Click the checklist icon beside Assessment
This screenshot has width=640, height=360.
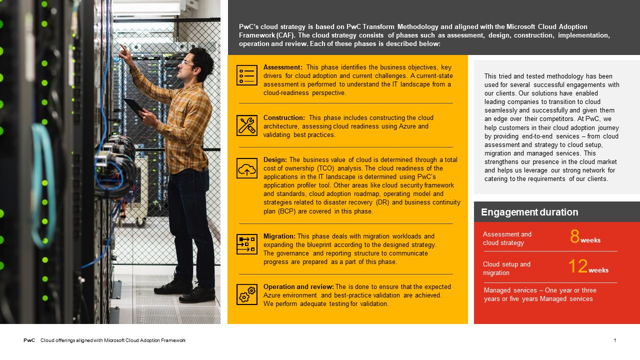coord(247,75)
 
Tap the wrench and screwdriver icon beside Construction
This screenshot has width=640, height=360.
coord(247,125)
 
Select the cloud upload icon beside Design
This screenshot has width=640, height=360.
coord(247,168)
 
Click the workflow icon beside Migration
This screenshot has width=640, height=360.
coord(247,244)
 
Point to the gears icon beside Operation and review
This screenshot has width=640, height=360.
coord(247,294)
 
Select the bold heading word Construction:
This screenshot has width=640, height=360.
coord(284,118)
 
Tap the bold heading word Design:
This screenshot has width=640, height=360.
coord(275,160)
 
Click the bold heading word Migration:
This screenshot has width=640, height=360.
coord(279,236)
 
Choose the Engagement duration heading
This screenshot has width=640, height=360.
coord(529,212)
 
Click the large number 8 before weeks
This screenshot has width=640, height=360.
coord(575,236)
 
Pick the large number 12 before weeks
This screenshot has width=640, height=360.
coord(578,266)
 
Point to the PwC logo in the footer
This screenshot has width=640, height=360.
coord(29,340)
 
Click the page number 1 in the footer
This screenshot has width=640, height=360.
coord(615,340)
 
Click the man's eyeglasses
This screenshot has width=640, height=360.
coord(187,63)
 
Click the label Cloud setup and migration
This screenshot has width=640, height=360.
coord(506,268)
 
